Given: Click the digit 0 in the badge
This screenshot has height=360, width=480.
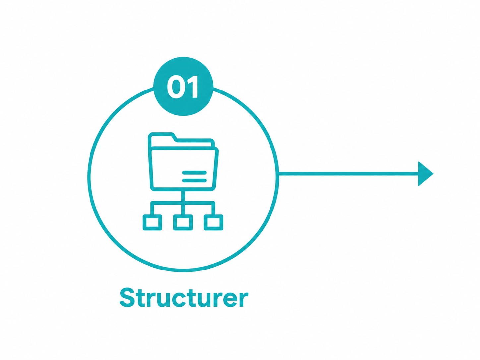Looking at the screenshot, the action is click(175, 87).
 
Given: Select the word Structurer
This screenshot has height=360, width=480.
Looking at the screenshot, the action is click(184, 297).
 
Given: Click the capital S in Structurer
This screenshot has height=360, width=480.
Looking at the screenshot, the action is click(127, 298).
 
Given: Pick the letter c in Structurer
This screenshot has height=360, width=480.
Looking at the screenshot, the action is click(180, 300).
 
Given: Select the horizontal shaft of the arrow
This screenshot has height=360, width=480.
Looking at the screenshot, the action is click(349, 174).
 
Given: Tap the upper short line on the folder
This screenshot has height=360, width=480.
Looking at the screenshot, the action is click(194, 173).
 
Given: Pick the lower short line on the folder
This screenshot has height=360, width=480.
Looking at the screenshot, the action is click(194, 180).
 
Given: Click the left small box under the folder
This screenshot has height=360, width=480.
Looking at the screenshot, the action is click(152, 222).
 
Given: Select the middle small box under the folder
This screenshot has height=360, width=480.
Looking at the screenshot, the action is click(183, 222).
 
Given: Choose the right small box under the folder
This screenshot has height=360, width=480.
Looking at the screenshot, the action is click(213, 222).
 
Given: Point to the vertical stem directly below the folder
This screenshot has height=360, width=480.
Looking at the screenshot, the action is click(183, 196).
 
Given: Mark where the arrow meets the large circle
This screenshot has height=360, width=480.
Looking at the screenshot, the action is click(278, 174).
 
